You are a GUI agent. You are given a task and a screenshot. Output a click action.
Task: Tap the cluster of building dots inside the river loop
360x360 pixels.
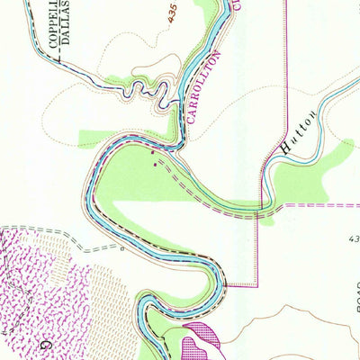pyautogui.click(x=158, y=164)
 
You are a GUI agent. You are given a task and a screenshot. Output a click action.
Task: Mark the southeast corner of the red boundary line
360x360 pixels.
pyautogui.click(x=257, y=285)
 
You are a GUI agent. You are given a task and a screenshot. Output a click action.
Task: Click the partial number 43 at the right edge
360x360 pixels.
pyautogui.click(x=353, y=239)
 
